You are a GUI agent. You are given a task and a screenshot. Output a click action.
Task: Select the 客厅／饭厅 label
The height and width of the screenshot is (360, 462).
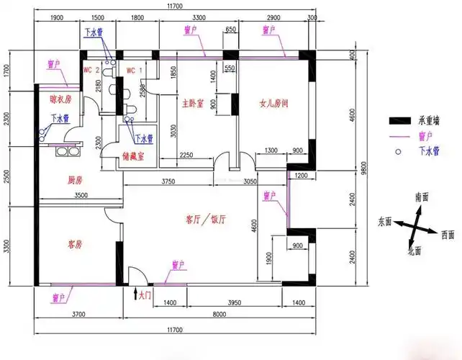207,219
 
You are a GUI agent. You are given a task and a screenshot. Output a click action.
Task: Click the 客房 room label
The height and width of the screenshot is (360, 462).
75,244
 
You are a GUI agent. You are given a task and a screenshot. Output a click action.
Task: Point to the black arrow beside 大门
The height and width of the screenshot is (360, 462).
136,293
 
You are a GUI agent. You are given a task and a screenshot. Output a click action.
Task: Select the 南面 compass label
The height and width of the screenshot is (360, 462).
421,197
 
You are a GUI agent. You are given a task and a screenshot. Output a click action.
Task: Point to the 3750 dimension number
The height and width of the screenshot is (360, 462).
168,181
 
